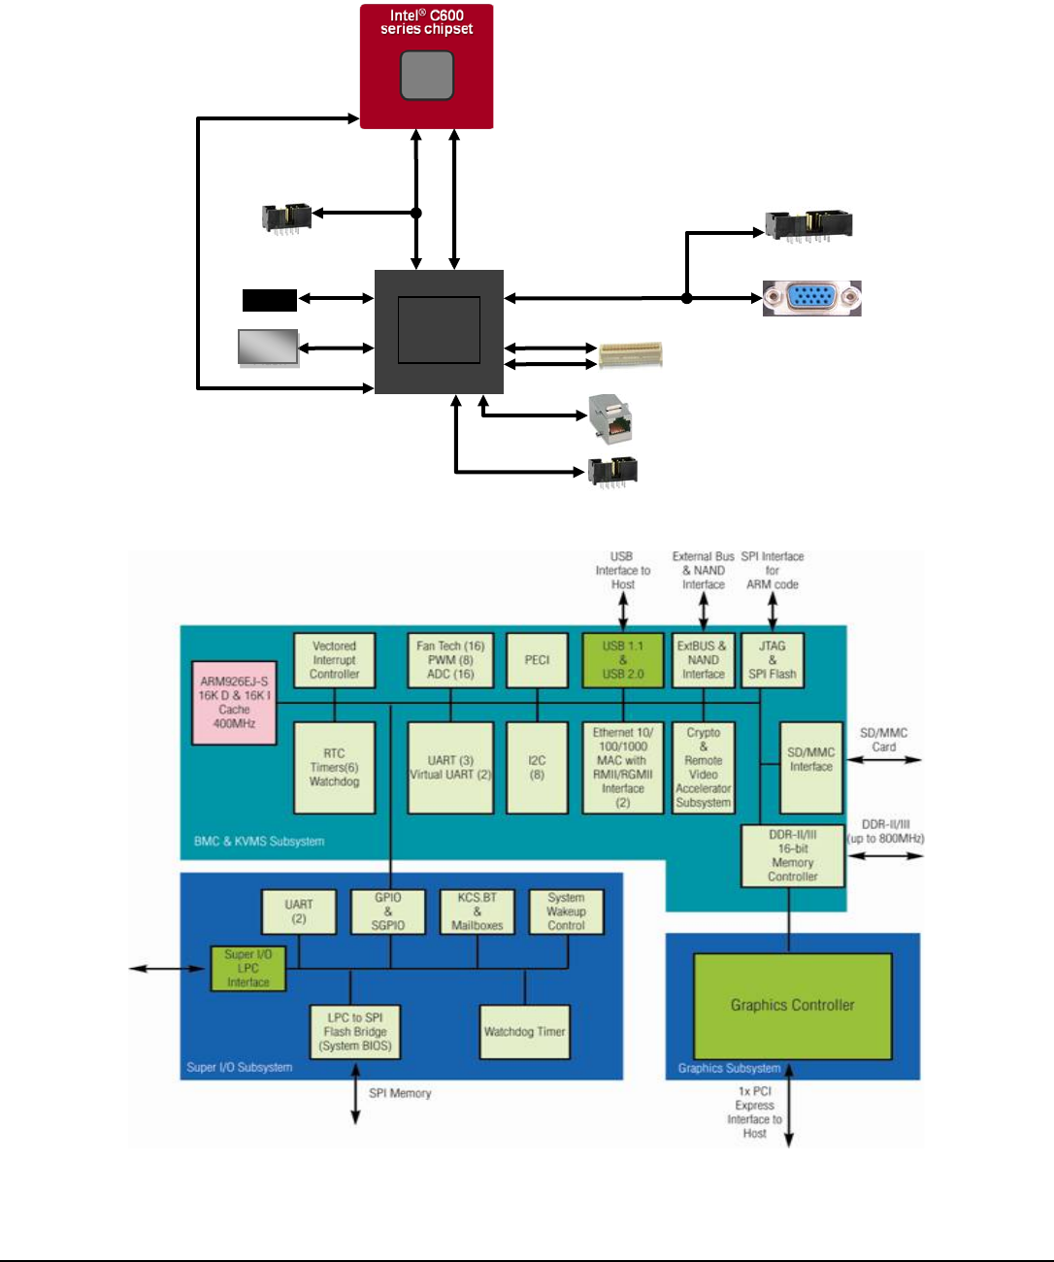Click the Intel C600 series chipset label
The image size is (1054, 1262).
pyautogui.click(x=427, y=22)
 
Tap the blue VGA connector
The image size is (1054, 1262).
pyautogui.click(x=811, y=298)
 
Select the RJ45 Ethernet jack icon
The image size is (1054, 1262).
pyautogui.click(x=609, y=417)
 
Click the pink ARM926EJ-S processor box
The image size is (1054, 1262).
pyautogui.click(x=234, y=703)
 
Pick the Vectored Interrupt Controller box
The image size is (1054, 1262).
pyautogui.click(x=334, y=660)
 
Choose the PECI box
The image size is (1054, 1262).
pyautogui.click(x=537, y=660)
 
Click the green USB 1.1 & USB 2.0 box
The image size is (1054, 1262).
pyautogui.click(x=622, y=660)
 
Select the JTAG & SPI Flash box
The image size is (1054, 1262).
pyautogui.click(x=772, y=660)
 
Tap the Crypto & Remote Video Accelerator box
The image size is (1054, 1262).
pyautogui.click(x=703, y=767)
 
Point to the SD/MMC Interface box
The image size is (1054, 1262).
pyautogui.click(x=810, y=766)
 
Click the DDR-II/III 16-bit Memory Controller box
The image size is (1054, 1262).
pyautogui.click(x=792, y=855)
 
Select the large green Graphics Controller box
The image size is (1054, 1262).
pyautogui.click(x=792, y=1006)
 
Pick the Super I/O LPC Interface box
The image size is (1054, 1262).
pyautogui.click(x=248, y=969)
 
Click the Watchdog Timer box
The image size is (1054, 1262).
pyautogui.click(x=524, y=1032)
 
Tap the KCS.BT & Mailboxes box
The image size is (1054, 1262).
pyautogui.click(x=477, y=912)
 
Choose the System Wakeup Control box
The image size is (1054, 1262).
pyautogui.click(x=566, y=912)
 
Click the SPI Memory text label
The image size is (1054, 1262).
pyautogui.click(x=400, y=1093)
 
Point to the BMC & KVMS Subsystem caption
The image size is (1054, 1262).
pyautogui.click(x=259, y=842)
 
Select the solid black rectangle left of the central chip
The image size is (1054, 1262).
pyautogui.click(x=269, y=300)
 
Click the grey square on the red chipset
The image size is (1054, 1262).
pyautogui.click(x=427, y=76)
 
